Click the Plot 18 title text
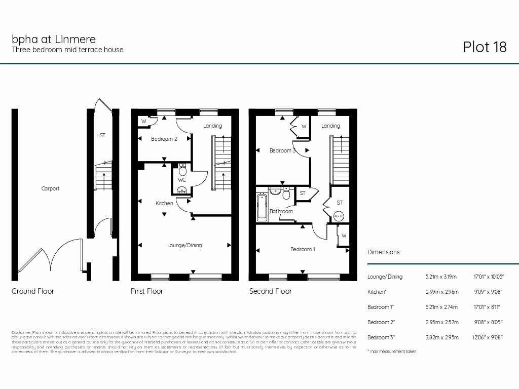[x=485, y=47]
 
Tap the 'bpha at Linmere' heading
[x=54, y=39]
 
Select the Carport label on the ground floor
[x=50, y=188]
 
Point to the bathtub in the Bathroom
[x=262, y=207]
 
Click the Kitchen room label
[x=164, y=203]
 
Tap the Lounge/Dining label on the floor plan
[x=184, y=245]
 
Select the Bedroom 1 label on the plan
[x=303, y=249]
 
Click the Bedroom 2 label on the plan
[x=164, y=139]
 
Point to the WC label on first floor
[x=181, y=180]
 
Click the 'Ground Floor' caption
[x=33, y=291]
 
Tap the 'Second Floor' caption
[x=270, y=291]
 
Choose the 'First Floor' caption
[x=147, y=291]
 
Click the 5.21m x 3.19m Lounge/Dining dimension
[x=441, y=277]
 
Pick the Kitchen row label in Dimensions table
[x=377, y=292]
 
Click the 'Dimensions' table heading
[x=383, y=252]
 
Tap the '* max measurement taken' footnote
[x=392, y=352]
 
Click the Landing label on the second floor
[x=330, y=126]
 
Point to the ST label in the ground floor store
[x=102, y=136]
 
